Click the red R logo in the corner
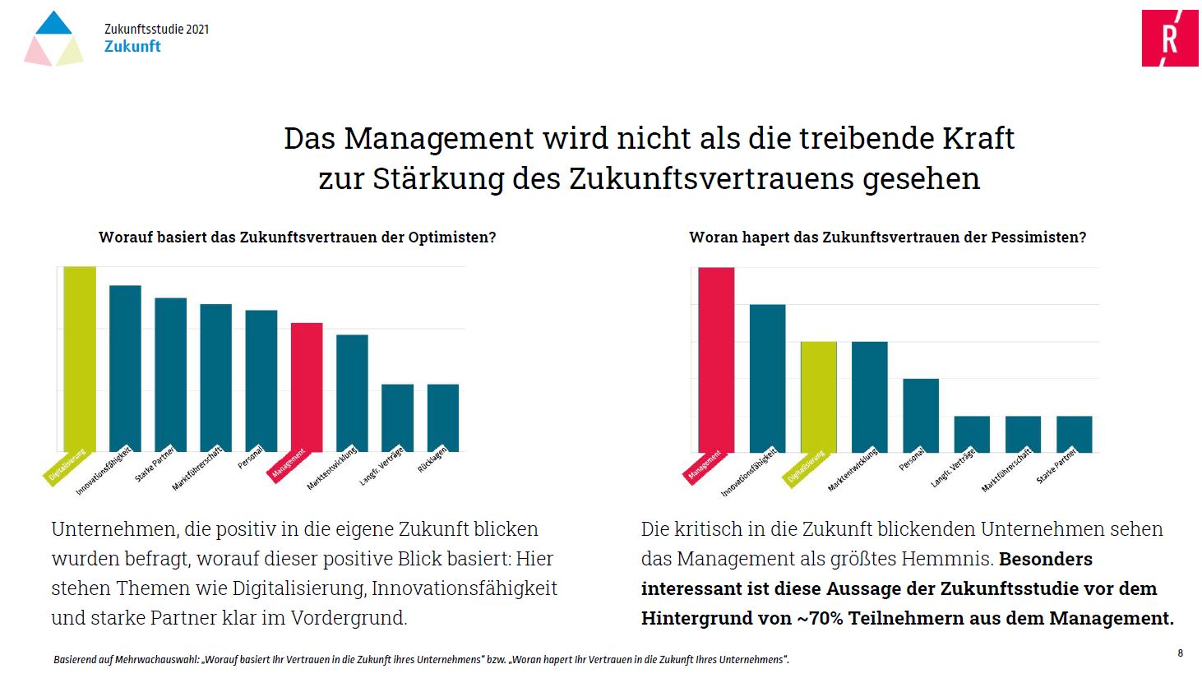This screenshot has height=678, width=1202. [x=1169, y=39]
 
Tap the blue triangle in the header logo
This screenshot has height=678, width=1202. [x=54, y=24]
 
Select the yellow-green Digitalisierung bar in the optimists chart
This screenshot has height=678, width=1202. [x=80, y=358]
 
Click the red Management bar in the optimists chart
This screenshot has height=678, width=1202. [x=307, y=386]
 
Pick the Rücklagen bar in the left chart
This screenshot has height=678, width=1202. [x=443, y=417]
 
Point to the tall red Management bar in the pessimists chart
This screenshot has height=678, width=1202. [x=716, y=359]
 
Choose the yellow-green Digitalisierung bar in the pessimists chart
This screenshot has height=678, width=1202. [x=818, y=396]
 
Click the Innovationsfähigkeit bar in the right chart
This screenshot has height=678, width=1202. [x=767, y=378]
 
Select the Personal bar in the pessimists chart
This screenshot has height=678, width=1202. [x=921, y=415]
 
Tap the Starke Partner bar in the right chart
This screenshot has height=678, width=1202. [x=1074, y=434]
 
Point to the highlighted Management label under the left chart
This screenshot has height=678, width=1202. [x=287, y=464]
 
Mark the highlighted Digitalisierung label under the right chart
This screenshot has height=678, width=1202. [x=805, y=468]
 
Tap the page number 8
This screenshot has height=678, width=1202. [x=1180, y=653]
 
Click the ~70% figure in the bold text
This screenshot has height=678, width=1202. [x=820, y=618]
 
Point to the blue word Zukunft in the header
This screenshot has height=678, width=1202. [x=132, y=47]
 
